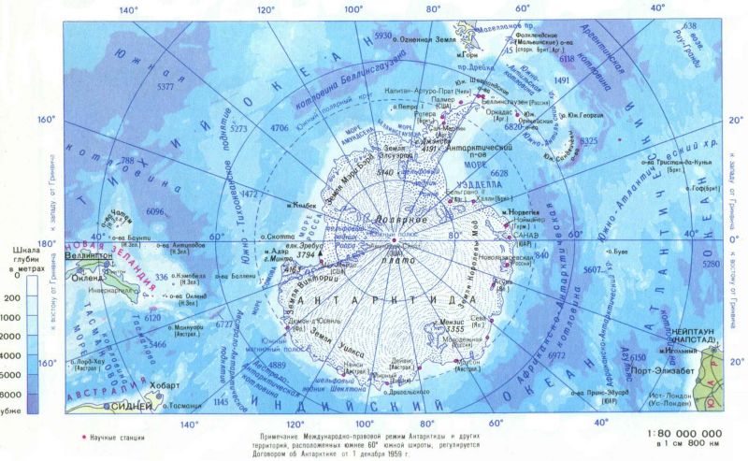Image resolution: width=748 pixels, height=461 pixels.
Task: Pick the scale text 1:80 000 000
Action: click(x=684, y=434)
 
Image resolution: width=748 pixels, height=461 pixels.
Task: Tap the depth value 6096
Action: click(x=154, y=211)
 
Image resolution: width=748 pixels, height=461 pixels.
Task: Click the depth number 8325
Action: click(x=587, y=140)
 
